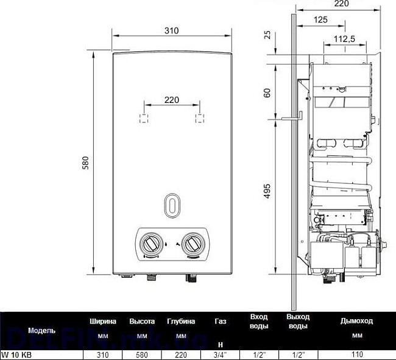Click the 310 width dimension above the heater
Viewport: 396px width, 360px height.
[172, 31]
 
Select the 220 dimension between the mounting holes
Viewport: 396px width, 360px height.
[172, 100]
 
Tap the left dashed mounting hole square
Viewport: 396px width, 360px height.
[143, 118]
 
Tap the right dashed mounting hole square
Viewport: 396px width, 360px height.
[199, 118]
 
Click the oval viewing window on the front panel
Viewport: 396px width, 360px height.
[172, 205]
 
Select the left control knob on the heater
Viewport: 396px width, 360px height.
[150, 244]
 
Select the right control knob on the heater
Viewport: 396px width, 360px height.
[194, 244]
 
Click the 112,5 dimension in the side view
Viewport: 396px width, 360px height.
[344, 40]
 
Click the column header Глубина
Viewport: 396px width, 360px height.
[181, 321]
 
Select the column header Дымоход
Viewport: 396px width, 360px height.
[357, 321]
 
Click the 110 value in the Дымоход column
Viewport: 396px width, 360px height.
[357, 354]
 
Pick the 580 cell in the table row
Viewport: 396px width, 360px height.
[142, 354]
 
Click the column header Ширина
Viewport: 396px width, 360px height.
[104, 321]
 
